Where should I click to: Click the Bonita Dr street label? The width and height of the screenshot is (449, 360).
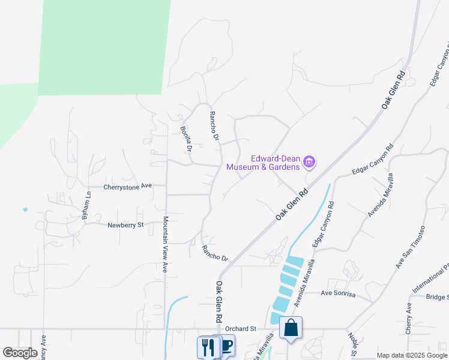186,139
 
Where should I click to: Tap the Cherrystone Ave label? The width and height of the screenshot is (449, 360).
128,187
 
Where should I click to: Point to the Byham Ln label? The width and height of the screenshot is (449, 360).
88,205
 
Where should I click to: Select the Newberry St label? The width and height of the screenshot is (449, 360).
126,226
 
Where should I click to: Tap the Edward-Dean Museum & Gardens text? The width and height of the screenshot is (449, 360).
263,163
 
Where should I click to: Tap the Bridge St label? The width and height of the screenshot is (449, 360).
436,297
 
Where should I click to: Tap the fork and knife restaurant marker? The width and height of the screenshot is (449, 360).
207,347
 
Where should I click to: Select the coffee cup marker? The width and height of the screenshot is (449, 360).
226,346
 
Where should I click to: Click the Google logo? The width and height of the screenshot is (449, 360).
20,353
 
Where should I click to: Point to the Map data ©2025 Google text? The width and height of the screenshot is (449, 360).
412,355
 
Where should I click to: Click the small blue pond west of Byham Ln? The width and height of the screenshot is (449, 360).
25,209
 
